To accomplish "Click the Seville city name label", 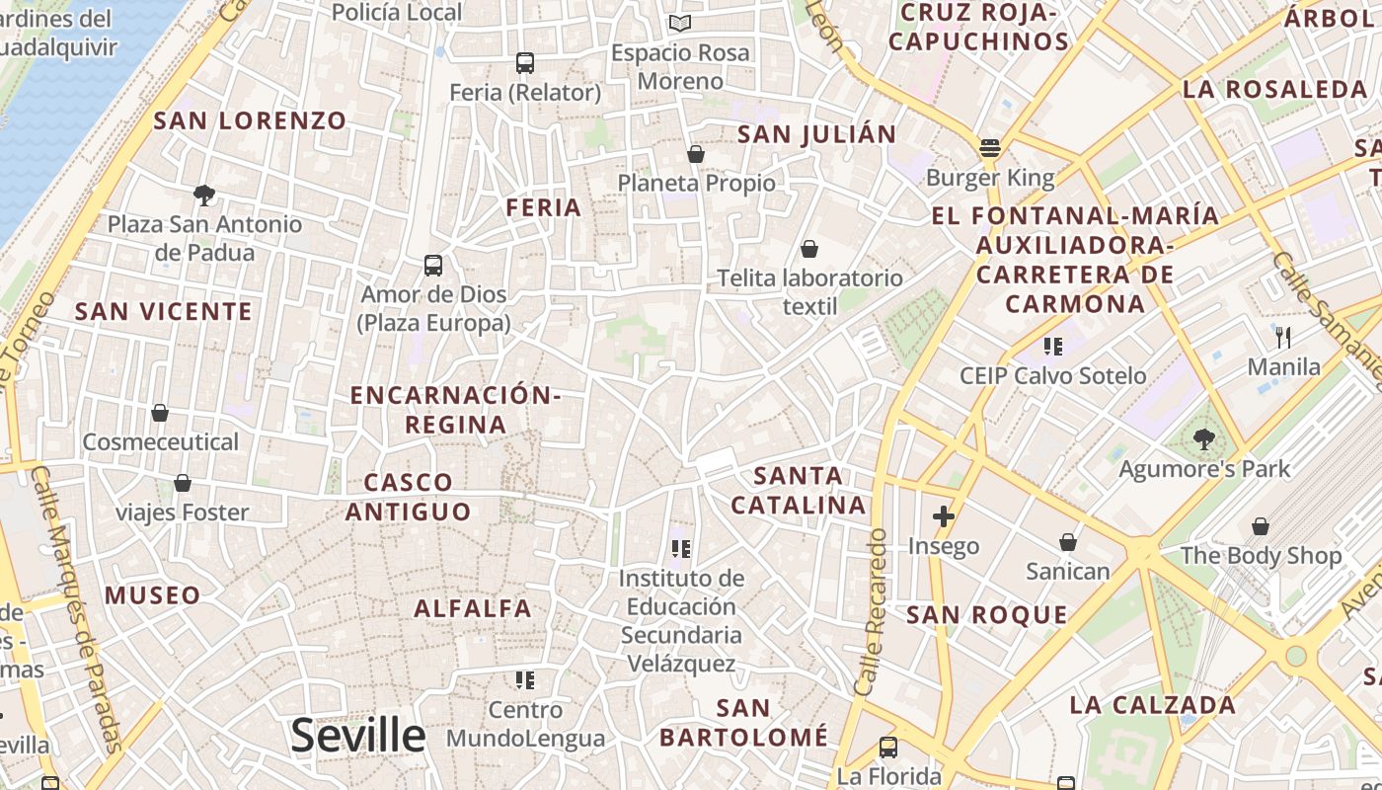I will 358,736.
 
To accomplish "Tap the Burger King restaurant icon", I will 990,149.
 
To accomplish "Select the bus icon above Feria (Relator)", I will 525,63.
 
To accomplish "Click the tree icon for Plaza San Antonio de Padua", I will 204,195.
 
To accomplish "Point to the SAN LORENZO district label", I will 251,121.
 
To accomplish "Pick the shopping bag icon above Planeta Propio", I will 696,154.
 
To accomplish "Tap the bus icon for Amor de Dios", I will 433,265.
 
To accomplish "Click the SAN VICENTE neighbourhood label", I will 164,312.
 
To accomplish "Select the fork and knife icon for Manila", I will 1283,338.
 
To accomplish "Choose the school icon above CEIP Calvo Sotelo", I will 1053,346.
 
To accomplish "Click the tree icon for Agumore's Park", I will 1203,438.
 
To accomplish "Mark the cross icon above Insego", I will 944,515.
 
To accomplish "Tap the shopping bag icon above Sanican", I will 1068,542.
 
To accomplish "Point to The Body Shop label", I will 1262,556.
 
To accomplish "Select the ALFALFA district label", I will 473,608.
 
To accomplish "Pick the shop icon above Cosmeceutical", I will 160,413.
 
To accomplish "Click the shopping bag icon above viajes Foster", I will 183,483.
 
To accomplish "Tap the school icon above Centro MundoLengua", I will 525,679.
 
